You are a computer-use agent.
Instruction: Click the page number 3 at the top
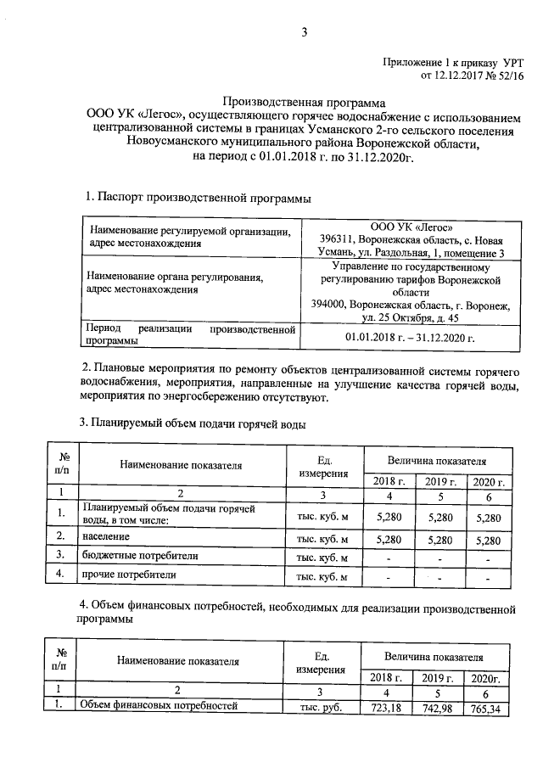click(303, 33)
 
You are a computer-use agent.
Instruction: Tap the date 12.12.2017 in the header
click(462, 77)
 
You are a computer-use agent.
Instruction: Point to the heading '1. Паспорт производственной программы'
click(199, 198)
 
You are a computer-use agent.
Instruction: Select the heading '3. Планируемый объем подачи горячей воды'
click(192, 423)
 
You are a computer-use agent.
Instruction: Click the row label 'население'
click(106, 537)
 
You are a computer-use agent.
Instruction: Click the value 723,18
click(387, 708)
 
